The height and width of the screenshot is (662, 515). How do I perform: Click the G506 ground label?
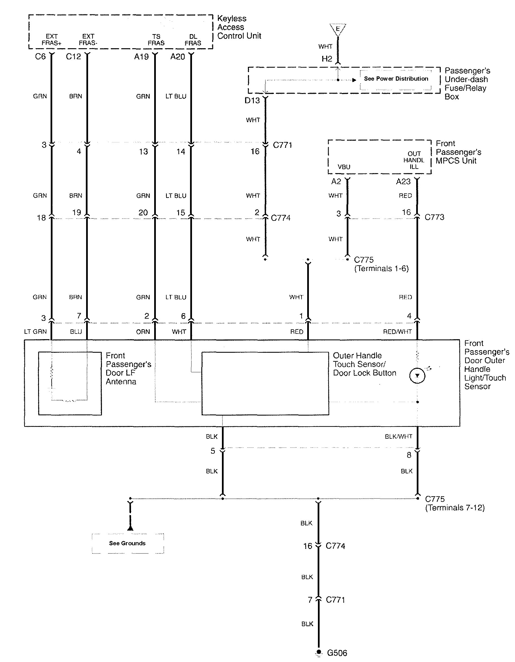pos(337,653)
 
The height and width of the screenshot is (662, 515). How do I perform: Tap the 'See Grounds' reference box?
pos(127,544)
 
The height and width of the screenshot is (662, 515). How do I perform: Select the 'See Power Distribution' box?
pos(396,79)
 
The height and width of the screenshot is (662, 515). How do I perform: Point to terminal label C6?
pos(40,57)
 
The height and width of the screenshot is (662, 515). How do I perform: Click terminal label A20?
pos(178,57)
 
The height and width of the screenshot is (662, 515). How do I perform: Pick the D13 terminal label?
pos(252,100)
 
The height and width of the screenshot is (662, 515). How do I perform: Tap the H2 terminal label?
pos(327,59)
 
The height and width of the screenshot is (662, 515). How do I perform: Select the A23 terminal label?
pos(403,182)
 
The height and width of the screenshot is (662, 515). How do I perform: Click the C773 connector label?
pos(434,217)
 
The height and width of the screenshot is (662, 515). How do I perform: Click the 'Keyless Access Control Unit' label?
pos(239,27)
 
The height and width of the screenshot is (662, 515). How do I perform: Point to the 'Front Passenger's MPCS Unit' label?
pos(458,152)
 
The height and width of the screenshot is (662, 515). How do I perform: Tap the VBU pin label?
pos(344,167)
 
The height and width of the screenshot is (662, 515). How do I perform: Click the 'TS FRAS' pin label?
pos(156,40)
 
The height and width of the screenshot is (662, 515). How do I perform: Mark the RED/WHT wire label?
pos(397,332)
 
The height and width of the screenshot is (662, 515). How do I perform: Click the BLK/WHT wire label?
pos(398,436)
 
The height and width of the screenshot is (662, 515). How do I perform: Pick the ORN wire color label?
pos(143,332)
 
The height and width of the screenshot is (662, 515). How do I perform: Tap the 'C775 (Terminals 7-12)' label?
pos(454,503)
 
